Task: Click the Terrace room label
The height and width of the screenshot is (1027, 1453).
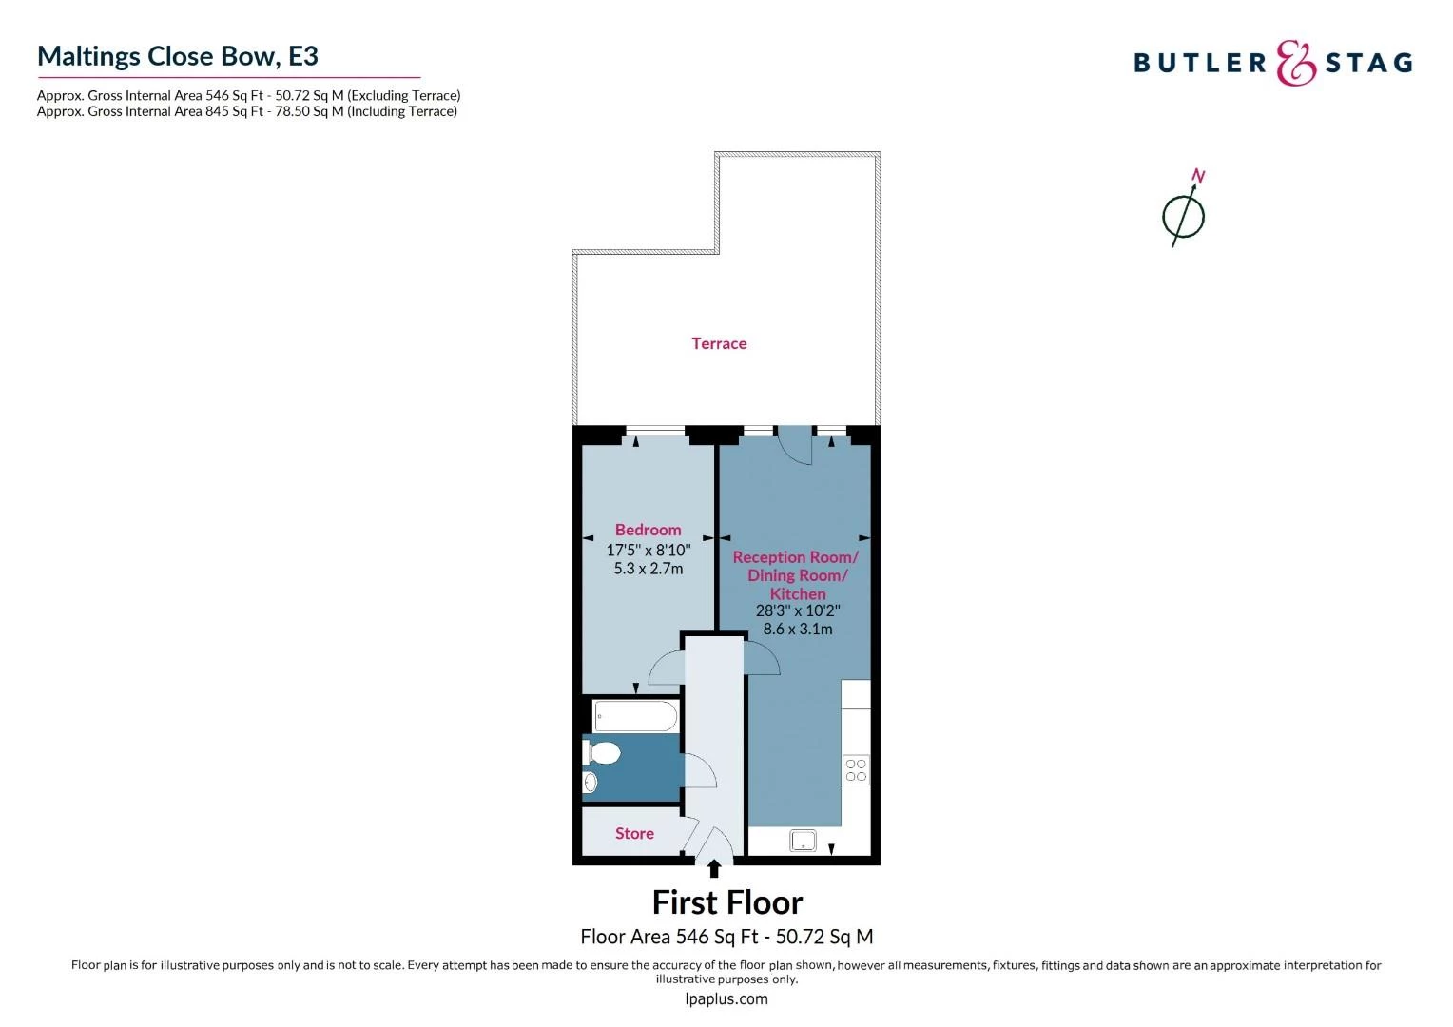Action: click(719, 343)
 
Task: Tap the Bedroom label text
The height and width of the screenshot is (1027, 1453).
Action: click(648, 530)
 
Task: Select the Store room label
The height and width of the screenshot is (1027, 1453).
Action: click(634, 833)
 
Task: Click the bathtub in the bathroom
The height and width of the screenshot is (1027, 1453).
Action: click(635, 716)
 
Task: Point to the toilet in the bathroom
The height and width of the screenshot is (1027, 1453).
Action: click(602, 753)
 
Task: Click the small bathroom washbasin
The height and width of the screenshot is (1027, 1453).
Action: click(590, 783)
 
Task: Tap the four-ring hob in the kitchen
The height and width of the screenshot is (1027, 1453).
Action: click(856, 769)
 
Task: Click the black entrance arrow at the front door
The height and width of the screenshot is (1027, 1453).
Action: click(714, 868)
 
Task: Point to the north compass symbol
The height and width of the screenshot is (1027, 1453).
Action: click(1184, 213)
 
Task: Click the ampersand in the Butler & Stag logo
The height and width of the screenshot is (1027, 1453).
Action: click(1295, 63)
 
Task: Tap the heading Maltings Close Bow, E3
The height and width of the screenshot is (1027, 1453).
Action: click(178, 56)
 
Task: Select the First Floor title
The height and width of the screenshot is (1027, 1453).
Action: click(726, 901)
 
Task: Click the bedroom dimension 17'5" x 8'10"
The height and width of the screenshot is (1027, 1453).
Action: click(648, 550)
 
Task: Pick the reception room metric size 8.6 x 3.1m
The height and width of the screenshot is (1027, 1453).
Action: click(797, 629)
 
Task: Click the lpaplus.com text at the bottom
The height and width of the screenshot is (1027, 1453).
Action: click(726, 998)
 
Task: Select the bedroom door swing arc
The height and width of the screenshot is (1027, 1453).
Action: click(666, 668)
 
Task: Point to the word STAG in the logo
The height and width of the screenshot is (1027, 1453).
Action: click(1368, 63)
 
